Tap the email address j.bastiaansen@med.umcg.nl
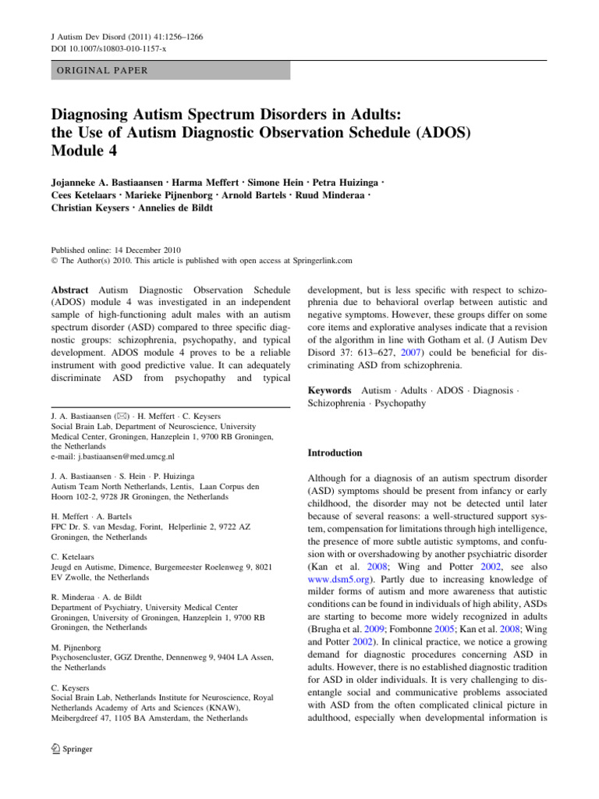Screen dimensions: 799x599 click(113, 456)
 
